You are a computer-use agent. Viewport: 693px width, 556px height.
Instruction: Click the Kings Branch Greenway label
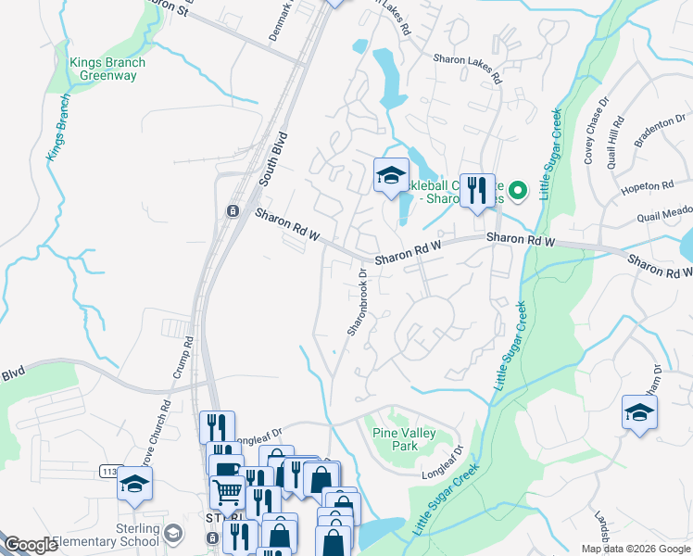107,69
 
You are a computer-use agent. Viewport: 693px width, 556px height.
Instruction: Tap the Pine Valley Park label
408,439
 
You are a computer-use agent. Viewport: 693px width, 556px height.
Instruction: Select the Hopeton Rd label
647,187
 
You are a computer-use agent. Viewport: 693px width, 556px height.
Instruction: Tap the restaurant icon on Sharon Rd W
477,190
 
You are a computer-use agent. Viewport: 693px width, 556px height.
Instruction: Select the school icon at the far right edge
639,412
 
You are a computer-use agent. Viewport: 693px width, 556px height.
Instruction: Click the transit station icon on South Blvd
233,210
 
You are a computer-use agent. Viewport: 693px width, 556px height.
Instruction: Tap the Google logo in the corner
31,545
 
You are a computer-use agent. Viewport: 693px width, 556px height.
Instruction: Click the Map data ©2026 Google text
635,548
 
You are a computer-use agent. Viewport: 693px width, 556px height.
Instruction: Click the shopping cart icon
226,489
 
